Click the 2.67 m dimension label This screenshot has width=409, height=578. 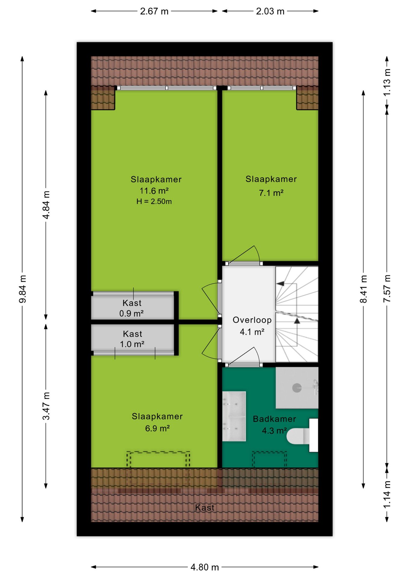(154, 11)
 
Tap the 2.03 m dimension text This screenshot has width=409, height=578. (270, 11)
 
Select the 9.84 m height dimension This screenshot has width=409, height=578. (23, 289)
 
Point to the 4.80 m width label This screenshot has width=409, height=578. (204, 567)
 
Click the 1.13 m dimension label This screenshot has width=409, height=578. (387, 82)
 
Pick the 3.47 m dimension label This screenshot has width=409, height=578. (46, 406)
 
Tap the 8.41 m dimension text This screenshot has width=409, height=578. (364, 289)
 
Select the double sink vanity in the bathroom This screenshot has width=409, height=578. (234, 416)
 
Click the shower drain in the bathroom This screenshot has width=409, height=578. (297, 388)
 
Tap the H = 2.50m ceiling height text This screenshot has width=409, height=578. (154, 201)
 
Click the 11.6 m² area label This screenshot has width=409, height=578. (154, 191)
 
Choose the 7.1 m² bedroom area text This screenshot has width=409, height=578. (271, 193)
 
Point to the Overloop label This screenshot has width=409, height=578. (252, 320)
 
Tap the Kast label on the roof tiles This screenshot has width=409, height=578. (205, 508)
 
